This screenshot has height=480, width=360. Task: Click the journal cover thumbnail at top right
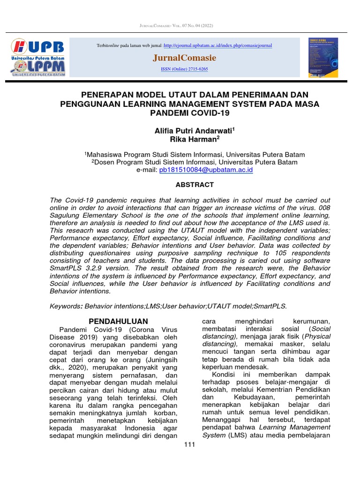point(323,57)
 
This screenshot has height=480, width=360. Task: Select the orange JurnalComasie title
point(184,58)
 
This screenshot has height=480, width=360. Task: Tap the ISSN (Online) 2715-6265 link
point(184,69)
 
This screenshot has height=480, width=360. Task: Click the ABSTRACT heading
point(195,185)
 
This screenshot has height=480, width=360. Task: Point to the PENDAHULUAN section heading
point(118,321)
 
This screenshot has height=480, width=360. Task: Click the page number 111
point(189,444)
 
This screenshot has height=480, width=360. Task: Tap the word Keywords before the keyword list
point(66,306)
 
